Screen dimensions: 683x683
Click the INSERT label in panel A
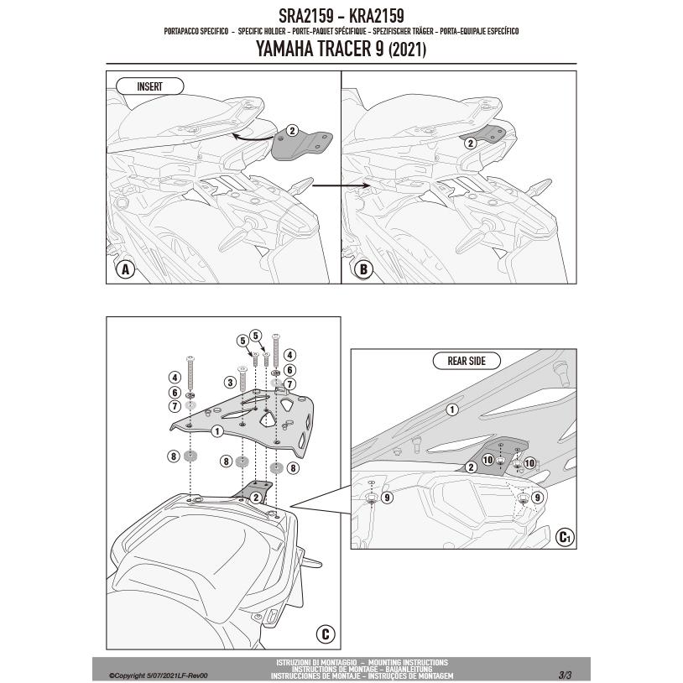pos(149,86)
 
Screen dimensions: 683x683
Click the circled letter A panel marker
pos(125,269)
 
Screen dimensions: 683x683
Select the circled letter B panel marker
pos(363,269)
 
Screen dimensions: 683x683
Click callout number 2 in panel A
pos(292,130)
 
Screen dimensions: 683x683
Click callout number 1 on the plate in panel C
pos(217,431)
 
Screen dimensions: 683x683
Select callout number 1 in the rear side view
pos(452,409)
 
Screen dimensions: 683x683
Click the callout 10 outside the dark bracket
pos(529,462)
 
